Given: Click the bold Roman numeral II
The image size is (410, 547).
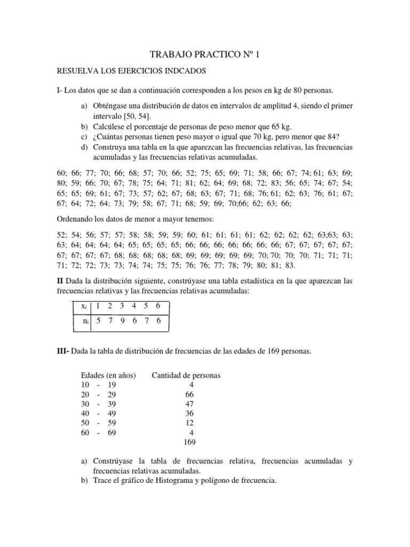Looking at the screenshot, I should click(x=60, y=280).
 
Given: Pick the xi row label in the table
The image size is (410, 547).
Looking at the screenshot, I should click(x=84, y=306).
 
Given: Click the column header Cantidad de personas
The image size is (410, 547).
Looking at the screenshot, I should click(x=186, y=376).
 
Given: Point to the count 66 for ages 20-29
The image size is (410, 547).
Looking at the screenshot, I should click(x=190, y=394).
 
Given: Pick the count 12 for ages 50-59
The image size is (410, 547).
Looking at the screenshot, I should click(x=190, y=423).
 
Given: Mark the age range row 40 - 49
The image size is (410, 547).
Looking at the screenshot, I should click(x=97, y=413).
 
